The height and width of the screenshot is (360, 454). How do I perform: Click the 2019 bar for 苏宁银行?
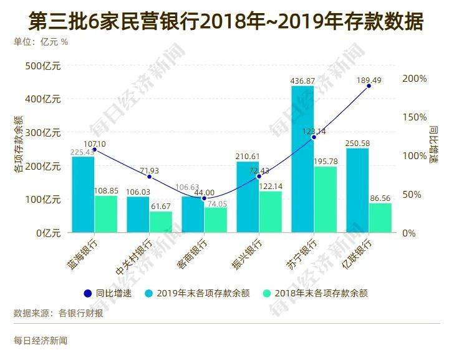coord(302,159)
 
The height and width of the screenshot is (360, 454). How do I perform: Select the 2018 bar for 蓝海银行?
coord(105,214)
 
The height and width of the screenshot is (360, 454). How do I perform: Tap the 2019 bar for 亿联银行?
coord(357,190)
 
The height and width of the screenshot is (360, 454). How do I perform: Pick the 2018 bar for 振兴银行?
coord(270,212)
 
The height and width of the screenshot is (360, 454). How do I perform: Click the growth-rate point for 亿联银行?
coord(369,85)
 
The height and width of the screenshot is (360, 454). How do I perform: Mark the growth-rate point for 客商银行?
coord(204,198)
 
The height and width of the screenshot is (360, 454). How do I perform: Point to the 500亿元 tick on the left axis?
coord(43,66)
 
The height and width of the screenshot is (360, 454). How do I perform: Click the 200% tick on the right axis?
coord(414,79)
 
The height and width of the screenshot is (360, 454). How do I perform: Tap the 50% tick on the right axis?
coord(412,194)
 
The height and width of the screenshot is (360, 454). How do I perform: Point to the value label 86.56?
coord(380,197)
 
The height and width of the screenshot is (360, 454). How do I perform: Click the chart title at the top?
coord(226,22)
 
